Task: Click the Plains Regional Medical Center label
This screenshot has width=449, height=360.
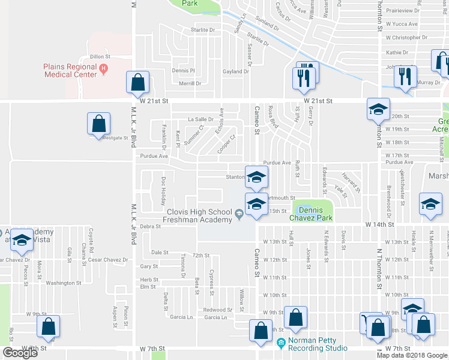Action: coord(70,70)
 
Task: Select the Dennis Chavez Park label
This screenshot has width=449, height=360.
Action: coord(312,214)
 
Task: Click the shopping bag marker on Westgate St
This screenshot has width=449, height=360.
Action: coord(98,124)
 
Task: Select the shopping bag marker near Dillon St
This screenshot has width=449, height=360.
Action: coord(138,83)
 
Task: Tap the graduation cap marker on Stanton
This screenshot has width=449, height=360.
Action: coord(256,176)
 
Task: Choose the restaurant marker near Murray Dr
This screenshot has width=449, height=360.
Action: coord(405,76)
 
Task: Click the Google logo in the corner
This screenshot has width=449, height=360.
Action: coord(19,353)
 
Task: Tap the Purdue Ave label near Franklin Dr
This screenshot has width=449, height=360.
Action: coord(154,156)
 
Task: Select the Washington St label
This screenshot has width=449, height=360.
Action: coord(63,283)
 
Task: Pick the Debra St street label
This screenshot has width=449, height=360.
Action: coord(150,226)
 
